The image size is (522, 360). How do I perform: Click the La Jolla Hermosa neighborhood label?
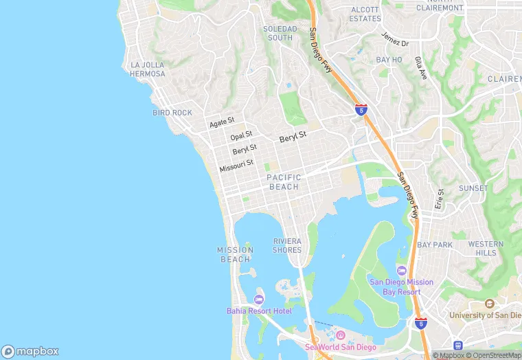(x=148, y=69)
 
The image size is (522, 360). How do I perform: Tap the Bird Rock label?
(x=172, y=113)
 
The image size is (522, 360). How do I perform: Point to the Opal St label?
(x=241, y=135)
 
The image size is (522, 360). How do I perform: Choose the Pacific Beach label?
(x=284, y=182)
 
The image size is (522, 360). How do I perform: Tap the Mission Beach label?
(x=236, y=254)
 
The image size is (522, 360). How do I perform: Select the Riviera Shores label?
(x=287, y=245)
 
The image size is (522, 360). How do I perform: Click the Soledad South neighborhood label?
(x=280, y=33)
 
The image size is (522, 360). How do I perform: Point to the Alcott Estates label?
(x=365, y=14)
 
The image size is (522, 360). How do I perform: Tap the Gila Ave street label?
(x=421, y=69)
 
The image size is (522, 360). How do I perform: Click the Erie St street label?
(x=440, y=199)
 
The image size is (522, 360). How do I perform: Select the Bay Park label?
(x=435, y=245)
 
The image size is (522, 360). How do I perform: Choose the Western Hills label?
(x=486, y=248)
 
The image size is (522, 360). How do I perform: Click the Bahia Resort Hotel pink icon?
(x=258, y=299)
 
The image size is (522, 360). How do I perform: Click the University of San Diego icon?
(x=489, y=303)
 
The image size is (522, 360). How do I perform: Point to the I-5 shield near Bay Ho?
(x=361, y=109)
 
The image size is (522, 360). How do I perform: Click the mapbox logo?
(x=30, y=351)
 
